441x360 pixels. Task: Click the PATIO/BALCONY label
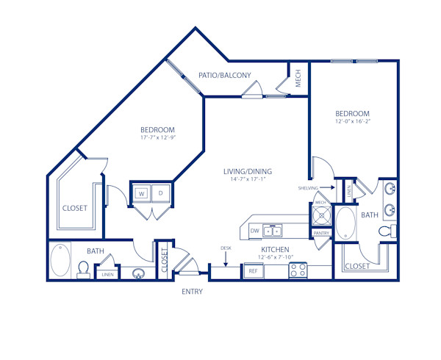[x=225, y=75]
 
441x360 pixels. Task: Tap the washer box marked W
[x=141, y=194]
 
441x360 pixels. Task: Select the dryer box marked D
[x=161, y=194]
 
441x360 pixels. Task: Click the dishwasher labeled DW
[x=254, y=231]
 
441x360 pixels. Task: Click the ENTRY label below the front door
[x=192, y=292]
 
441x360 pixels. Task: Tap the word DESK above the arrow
[x=226, y=248]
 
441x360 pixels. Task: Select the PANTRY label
[x=321, y=233]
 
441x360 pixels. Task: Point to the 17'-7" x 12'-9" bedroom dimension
[x=157, y=137]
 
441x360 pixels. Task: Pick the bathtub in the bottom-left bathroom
[x=60, y=260]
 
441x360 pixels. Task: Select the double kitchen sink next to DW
[x=273, y=231]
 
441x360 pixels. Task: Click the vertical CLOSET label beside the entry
[x=165, y=256]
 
